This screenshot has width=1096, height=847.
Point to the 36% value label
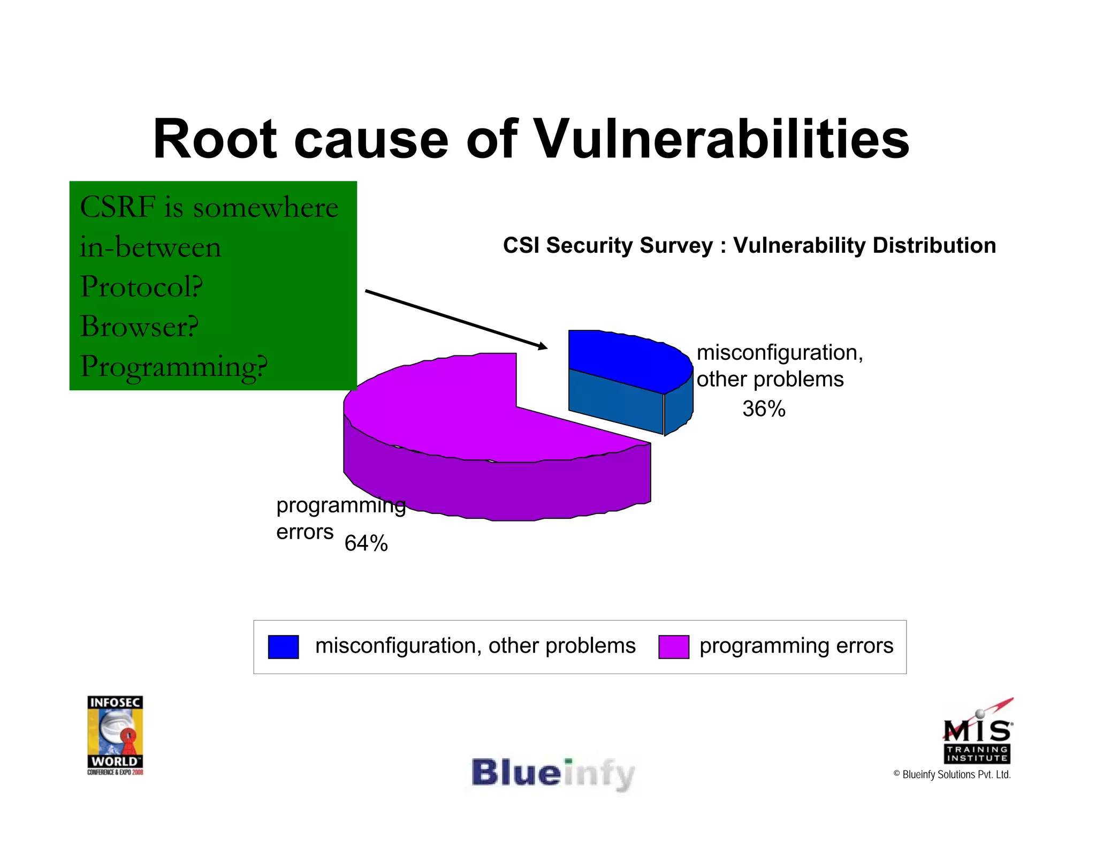pos(764,409)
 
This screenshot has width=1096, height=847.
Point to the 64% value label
pos(366,543)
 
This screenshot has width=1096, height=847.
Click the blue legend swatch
pos(283,647)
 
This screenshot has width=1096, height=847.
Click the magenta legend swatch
pos(673,647)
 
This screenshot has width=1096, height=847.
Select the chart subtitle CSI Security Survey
pos(749,245)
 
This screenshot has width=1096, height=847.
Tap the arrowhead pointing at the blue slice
pos(542,346)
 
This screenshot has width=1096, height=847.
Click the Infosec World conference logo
pos(115,735)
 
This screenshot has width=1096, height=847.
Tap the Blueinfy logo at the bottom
pos(553,774)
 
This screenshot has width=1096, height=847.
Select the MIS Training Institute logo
pos(977,733)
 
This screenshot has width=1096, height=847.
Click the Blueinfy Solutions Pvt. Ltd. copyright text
pos(952,775)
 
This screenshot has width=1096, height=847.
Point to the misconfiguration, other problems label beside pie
pos(779,366)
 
